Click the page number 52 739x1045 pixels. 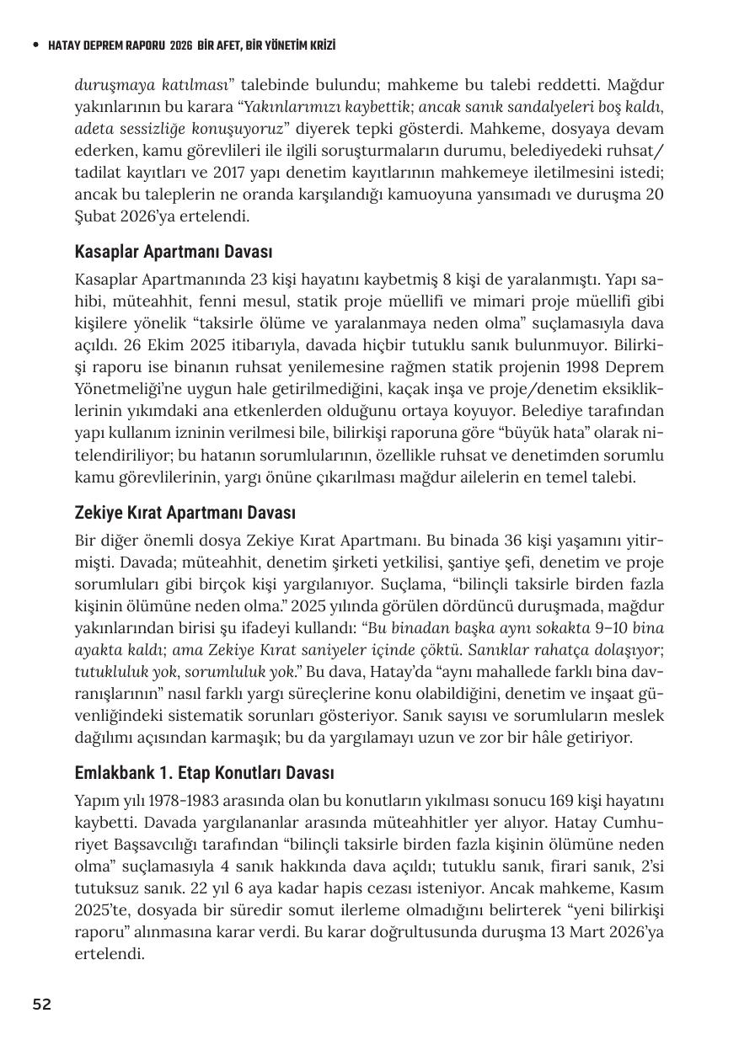41,1005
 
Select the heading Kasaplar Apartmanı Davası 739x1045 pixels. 174,252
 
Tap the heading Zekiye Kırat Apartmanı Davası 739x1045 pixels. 185,513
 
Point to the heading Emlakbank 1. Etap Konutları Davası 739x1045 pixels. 205,773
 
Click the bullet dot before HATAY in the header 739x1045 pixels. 35,45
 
